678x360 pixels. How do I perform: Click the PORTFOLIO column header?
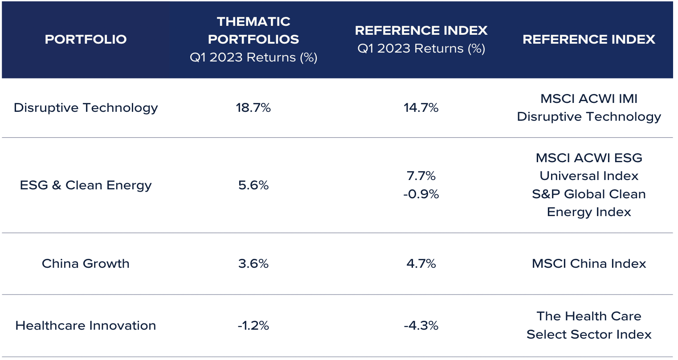pos(86,39)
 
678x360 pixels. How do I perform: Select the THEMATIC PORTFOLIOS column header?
pos(253,30)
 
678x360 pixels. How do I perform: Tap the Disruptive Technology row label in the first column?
pos(86,108)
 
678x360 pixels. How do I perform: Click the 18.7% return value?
pos(253,108)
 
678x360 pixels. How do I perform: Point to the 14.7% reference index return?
pos(421,108)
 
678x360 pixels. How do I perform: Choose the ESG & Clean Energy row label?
pos(86,185)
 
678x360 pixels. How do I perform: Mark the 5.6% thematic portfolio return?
pos(253,185)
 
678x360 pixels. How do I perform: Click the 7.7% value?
pos(421,176)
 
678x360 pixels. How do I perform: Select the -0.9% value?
pos(421,194)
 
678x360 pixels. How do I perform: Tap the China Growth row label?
pos(86,264)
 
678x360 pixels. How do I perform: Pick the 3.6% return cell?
pos(253,264)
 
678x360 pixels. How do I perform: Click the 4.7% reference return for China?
pos(421,264)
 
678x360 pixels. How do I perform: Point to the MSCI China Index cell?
pos(589,264)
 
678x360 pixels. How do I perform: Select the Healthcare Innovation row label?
pos(86,326)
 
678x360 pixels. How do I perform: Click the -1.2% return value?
pos(253,326)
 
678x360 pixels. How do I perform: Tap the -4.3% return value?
pos(421,326)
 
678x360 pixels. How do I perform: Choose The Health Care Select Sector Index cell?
pos(589,325)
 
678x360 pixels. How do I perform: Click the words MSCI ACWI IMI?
pos(589,99)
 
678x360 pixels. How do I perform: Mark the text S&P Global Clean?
pos(589,194)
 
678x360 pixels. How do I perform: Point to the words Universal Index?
pos(589,176)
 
